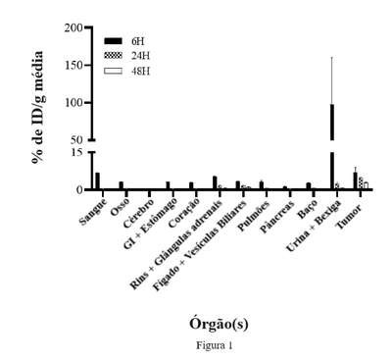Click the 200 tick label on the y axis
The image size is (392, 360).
coord(73,28)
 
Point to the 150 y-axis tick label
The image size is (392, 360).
coord(73,66)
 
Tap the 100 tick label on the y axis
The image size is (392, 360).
coord(73,103)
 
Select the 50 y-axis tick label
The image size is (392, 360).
coord(76,140)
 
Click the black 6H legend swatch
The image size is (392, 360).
coord(113,41)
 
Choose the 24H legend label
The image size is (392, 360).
coord(141,56)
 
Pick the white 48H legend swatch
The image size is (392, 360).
coord(113,71)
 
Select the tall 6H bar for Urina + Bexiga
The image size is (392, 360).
coord(332,146)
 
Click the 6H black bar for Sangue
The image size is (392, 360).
coord(97,180)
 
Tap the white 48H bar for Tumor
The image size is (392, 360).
coord(366,185)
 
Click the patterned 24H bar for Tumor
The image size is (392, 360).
coord(361,183)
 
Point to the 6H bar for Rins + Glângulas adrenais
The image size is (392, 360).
coord(215,182)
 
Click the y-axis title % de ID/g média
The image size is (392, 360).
coord(38,107)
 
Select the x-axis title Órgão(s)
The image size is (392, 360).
coord(219,324)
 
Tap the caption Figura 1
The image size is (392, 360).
coord(215,345)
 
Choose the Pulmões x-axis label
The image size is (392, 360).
coord(255,216)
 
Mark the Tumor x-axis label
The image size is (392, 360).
coord(349,217)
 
